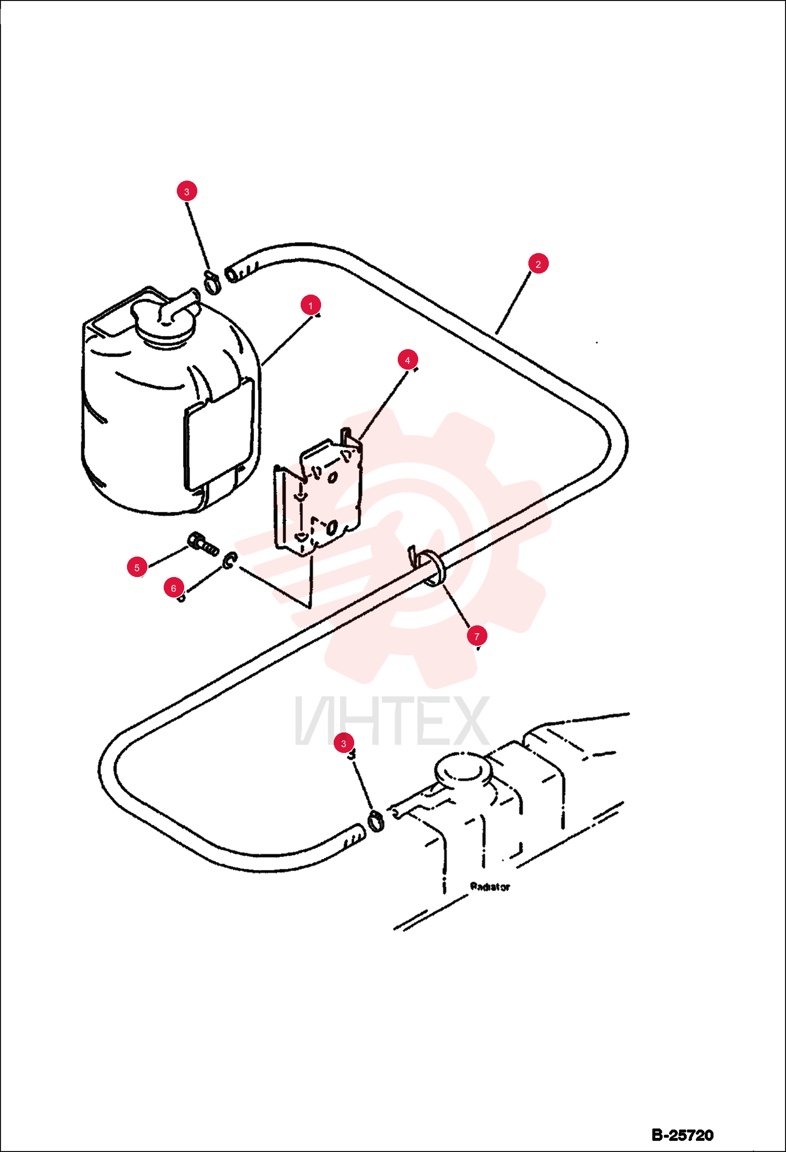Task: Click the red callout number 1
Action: click(x=311, y=305)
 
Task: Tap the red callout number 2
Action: click(x=538, y=264)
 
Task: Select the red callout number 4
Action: click(x=408, y=360)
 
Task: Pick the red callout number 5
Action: click(x=137, y=567)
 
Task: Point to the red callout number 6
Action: click(x=174, y=588)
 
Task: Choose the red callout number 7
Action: click(x=477, y=636)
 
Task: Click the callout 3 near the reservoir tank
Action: click(x=187, y=191)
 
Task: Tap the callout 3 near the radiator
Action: click(x=344, y=743)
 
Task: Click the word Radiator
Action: click(x=490, y=887)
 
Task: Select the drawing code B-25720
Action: click(x=683, y=1135)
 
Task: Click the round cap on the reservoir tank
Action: click(x=165, y=323)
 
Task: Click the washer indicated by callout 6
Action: click(x=229, y=560)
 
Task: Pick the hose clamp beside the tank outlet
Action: click(x=212, y=282)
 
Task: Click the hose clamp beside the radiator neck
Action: click(x=376, y=821)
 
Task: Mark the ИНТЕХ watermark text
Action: click(x=392, y=720)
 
